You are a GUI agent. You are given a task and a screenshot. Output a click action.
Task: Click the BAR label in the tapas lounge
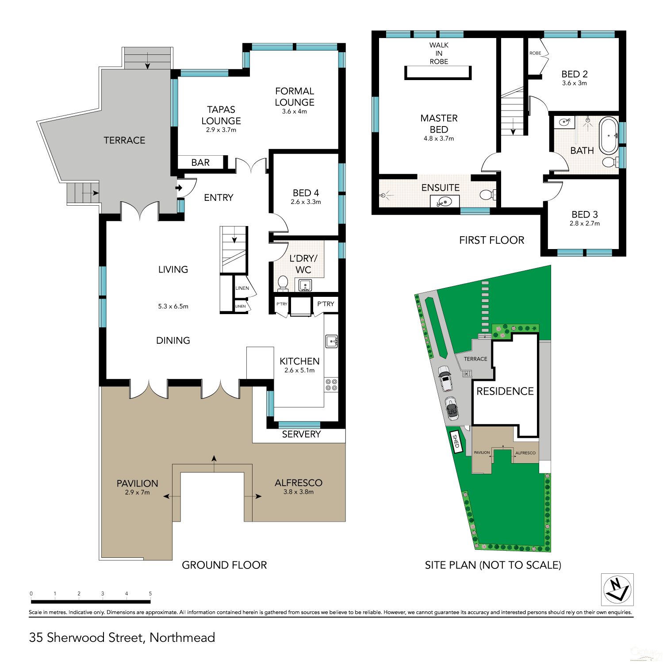(200, 162)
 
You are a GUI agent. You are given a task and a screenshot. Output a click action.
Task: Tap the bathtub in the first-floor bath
(609, 135)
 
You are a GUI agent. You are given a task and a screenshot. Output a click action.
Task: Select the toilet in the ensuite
(488, 195)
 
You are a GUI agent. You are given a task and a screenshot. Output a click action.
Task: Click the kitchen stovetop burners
(331, 384)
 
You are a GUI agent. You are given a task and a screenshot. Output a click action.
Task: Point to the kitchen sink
(332, 341)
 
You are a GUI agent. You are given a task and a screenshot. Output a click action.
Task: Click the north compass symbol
(617, 589)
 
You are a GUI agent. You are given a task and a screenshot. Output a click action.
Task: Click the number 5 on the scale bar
(150, 594)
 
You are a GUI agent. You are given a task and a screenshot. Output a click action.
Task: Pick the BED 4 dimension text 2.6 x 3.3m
(306, 202)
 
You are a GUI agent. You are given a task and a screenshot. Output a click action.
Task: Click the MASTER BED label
(439, 123)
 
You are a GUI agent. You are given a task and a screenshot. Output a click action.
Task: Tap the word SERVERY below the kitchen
(301, 434)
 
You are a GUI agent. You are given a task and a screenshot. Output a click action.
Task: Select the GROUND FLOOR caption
(224, 565)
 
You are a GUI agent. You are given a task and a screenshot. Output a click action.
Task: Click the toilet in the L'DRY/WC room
(283, 283)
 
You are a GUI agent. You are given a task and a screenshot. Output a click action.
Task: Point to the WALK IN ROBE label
(439, 53)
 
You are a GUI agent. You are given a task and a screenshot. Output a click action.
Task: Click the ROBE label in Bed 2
(535, 53)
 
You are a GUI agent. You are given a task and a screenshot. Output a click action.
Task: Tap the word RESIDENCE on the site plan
(505, 391)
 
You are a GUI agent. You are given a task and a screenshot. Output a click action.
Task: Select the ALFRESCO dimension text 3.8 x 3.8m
(299, 492)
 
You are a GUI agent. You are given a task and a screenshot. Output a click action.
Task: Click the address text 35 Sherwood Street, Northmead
(122, 637)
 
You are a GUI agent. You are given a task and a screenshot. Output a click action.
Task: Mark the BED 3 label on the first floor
(585, 215)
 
